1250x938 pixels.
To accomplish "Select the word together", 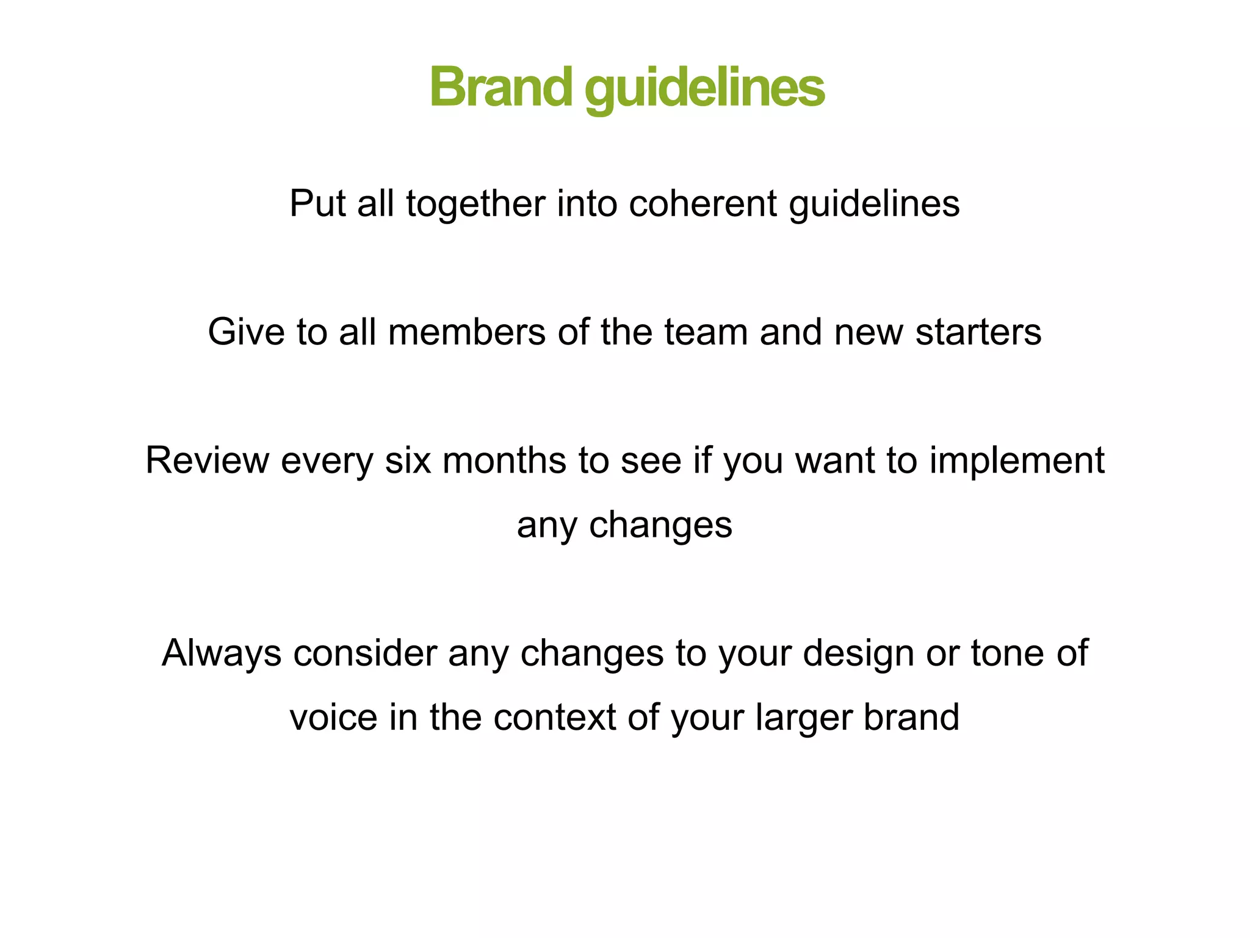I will (475, 203).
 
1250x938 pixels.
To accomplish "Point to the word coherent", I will (703, 203).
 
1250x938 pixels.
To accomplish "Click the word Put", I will (317, 203).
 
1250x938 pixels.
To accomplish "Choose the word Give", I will (246, 332).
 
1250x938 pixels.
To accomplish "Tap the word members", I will (466, 332).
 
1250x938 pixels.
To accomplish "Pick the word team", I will (706, 332).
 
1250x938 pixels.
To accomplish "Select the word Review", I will (207, 460).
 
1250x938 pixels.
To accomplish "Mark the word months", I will (504, 460).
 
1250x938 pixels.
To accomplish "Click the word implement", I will (1017, 460).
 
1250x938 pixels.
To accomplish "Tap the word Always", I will (222, 653).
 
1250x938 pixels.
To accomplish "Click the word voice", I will (333, 717).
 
